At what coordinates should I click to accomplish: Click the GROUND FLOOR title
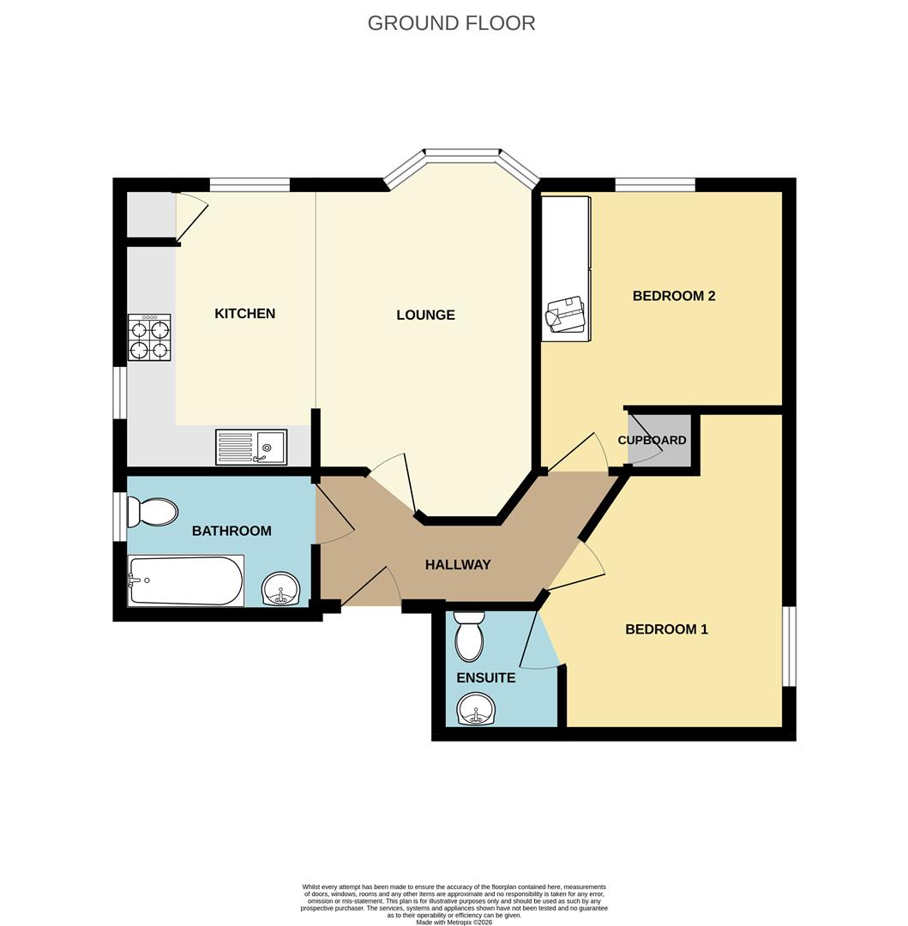[x=451, y=23]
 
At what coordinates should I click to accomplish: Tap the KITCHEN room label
[x=245, y=314]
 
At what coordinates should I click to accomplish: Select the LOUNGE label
[x=425, y=316]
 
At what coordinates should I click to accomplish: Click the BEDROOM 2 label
[x=674, y=296]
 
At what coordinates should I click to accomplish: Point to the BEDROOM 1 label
[x=666, y=629]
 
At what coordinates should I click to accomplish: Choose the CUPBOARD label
[x=652, y=441]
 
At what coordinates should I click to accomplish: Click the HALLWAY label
[x=458, y=565]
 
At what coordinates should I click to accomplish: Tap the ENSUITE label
[x=485, y=678]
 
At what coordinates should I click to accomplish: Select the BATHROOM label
[x=232, y=532]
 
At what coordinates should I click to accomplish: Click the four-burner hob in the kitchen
[x=149, y=337]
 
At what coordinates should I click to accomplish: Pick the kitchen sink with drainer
[x=251, y=447]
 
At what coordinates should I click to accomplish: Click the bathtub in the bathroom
[x=185, y=580]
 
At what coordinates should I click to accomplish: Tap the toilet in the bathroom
[x=151, y=512]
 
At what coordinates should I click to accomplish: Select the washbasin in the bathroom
[x=280, y=590]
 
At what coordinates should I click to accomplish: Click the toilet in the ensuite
[x=469, y=637]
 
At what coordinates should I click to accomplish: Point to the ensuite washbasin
[x=476, y=710]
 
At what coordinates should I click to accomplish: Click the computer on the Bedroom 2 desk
[x=566, y=315]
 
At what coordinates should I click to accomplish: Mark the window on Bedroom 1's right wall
[x=789, y=646]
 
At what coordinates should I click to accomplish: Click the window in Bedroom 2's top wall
[x=655, y=184]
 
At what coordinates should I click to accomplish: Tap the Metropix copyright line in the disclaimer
[x=454, y=922]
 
